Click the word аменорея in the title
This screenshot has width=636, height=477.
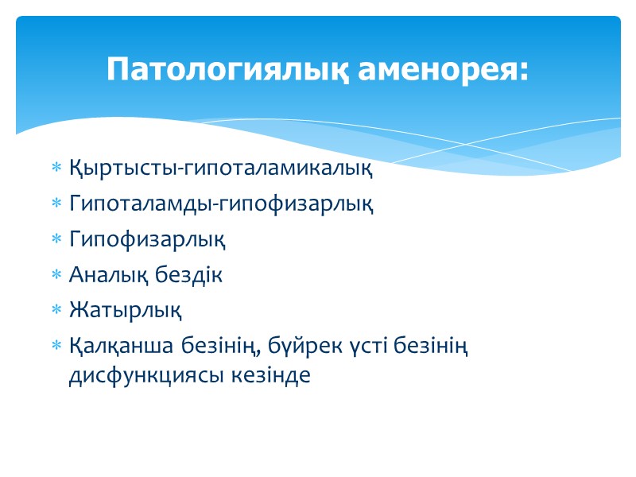click(x=434, y=69)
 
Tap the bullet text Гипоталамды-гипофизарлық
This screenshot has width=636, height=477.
click(x=221, y=204)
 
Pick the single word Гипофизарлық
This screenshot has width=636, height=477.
click(x=147, y=239)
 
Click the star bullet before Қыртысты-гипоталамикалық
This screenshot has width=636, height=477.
click(x=56, y=169)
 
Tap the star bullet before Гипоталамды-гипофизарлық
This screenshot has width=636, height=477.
click(x=56, y=204)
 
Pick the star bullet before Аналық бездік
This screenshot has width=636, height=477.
click(x=56, y=276)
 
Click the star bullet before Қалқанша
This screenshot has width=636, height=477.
click(x=56, y=347)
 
